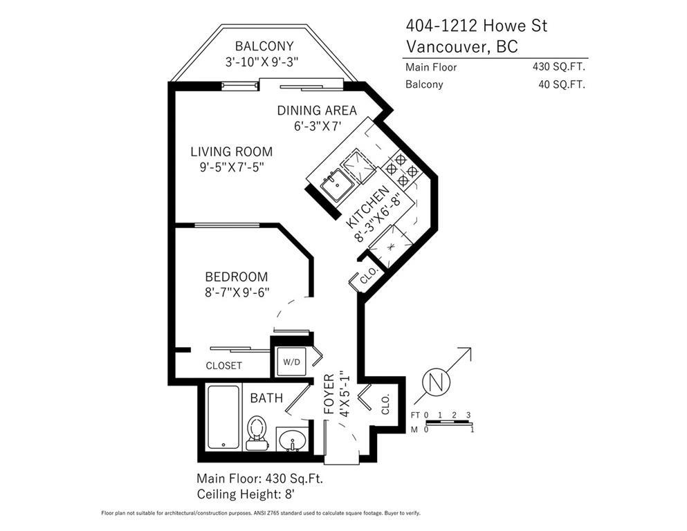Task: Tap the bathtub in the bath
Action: pyautogui.click(x=223, y=417)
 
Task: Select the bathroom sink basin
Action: pyautogui.click(x=292, y=438)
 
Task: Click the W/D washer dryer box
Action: pyautogui.click(x=292, y=362)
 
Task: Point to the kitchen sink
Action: pyautogui.click(x=336, y=185)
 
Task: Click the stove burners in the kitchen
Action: pyautogui.click(x=401, y=169)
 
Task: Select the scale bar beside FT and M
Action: pyautogui.click(x=448, y=422)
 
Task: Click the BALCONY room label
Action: pyautogui.click(x=264, y=46)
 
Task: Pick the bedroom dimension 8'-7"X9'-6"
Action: pyautogui.click(x=237, y=292)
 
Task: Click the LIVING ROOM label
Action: pyautogui.click(x=231, y=152)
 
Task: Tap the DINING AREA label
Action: pyautogui.click(x=317, y=111)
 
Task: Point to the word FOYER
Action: pyautogui.click(x=329, y=394)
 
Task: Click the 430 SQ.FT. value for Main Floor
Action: pyautogui.click(x=559, y=67)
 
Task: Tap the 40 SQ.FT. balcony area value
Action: pyautogui.click(x=562, y=84)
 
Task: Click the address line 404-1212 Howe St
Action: pyautogui.click(x=477, y=26)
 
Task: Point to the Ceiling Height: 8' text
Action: pyautogui.click(x=246, y=494)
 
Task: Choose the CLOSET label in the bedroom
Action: pyautogui.click(x=224, y=366)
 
